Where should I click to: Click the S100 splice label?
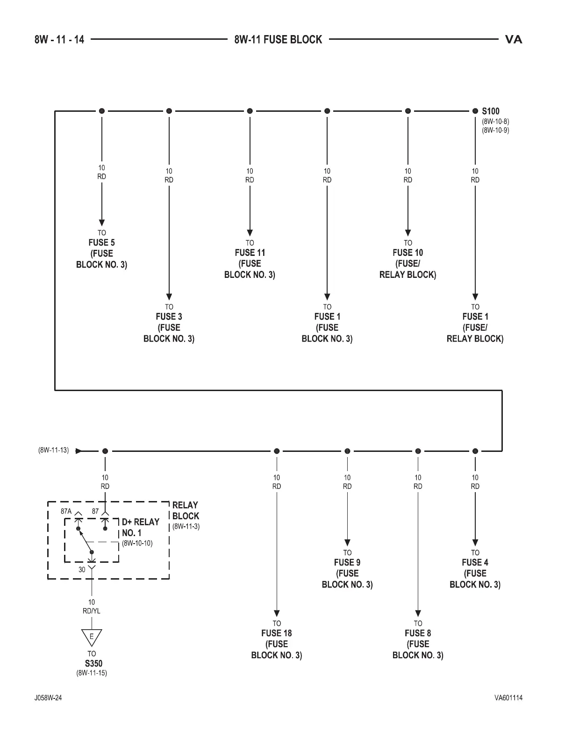(491, 111)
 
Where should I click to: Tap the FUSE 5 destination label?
(101, 243)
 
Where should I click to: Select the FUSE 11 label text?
(250, 253)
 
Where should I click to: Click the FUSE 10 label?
(408, 253)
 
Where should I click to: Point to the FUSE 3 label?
(169, 317)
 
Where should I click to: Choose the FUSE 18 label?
(276, 633)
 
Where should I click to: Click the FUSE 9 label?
(347, 563)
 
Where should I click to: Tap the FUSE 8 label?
(418, 633)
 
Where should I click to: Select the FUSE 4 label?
(475, 563)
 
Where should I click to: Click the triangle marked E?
(92, 637)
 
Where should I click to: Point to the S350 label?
(93, 663)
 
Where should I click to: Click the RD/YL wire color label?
(92, 611)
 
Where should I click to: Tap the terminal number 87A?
(66, 511)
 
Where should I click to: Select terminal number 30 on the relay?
(82, 570)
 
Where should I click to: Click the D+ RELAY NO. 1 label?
(140, 527)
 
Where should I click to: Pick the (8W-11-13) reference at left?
(53, 450)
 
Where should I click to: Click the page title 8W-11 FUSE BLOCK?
(278, 40)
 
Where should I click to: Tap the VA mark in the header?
(514, 40)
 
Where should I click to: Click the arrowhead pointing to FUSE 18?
(277, 613)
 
